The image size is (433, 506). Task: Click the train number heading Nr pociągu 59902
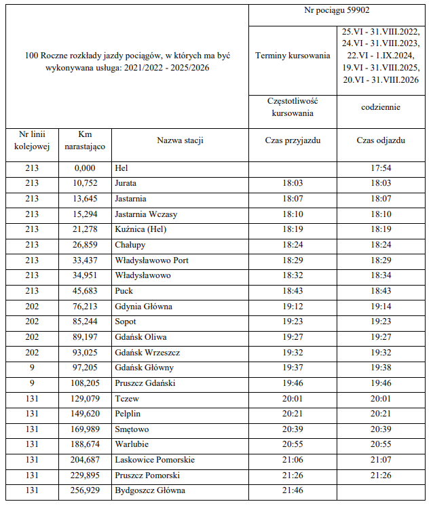tap(339, 12)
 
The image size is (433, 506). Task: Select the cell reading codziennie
tap(381, 106)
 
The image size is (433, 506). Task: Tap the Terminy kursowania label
tap(293, 56)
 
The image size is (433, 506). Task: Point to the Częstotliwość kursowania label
tap(293, 106)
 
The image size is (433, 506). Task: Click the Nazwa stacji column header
tap(181, 140)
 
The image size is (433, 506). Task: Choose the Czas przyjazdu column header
tap(293, 140)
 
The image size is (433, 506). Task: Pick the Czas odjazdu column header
tap(381, 140)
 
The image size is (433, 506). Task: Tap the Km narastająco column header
tap(85, 140)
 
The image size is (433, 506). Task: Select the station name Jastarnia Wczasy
tap(146, 214)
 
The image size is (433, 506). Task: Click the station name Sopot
tap(126, 322)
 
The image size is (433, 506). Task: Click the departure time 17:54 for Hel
tap(381, 168)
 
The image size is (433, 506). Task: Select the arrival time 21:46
tap(293, 490)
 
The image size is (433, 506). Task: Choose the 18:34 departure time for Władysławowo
tap(381, 275)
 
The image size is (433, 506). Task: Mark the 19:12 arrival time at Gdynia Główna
tap(293, 307)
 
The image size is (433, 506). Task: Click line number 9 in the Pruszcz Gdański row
tap(32, 383)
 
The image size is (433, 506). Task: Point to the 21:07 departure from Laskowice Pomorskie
tap(381, 460)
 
